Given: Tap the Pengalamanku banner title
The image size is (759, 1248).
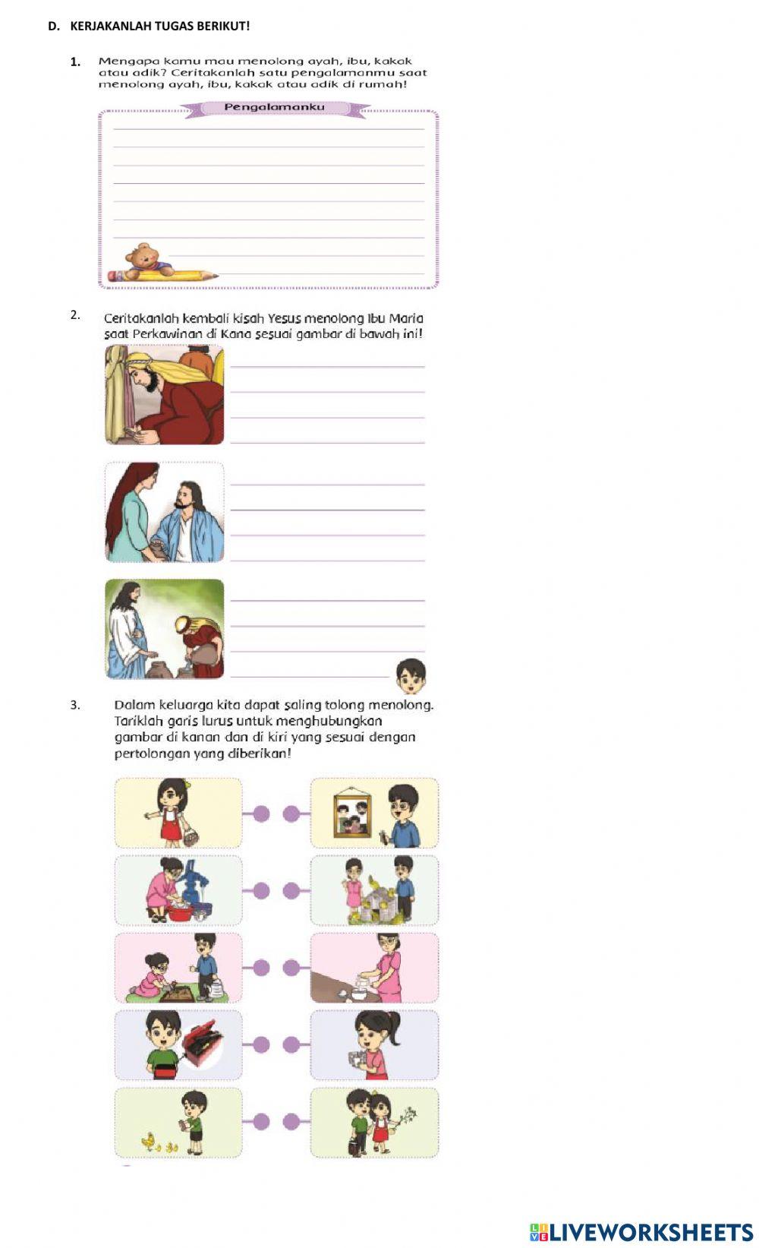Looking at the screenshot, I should pyautogui.click(x=274, y=107).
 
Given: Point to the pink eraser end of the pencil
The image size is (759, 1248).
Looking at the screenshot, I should pyautogui.click(x=115, y=276).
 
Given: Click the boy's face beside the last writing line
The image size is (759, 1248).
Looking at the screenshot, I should pyautogui.click(x=411, y=675).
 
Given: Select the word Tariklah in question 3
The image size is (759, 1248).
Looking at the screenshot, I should pyautogui.click(x=136, y=721).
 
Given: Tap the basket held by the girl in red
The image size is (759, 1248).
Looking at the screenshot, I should pyautogui.click(x=193, y=836).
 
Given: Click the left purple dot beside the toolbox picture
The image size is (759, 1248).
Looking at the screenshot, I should pyautogui.click(x=261, y=1044).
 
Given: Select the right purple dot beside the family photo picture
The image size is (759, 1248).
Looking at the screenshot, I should pyautogui.click(x=291, y=814).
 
